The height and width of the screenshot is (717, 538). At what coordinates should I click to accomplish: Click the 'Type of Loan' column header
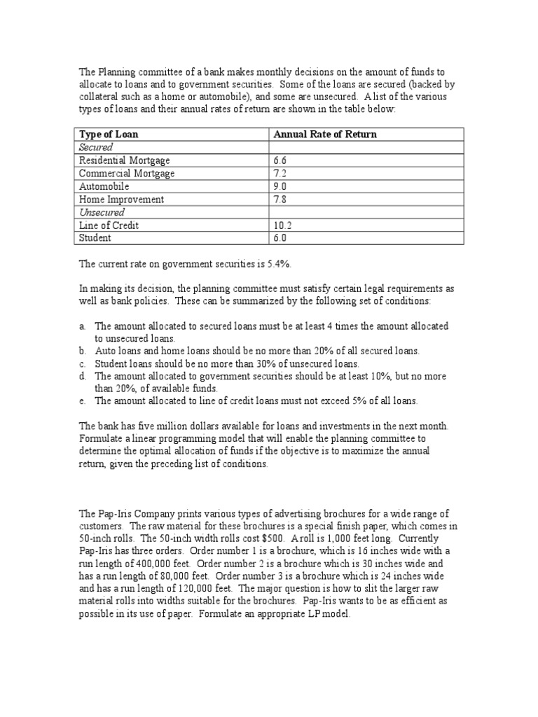[x=108, y=134]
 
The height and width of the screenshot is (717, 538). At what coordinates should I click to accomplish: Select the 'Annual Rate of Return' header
[x=324, y=134]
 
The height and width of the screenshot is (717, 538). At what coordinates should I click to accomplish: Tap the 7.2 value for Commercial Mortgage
[x=280, y=173]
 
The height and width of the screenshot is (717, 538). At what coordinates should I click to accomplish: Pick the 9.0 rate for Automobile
[x=280, y=186]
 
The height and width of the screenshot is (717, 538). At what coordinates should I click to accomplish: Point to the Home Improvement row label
[x=121, y=200]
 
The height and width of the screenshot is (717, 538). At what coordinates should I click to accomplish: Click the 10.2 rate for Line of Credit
[x=282, y=225]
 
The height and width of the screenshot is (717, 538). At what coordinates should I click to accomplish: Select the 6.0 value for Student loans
[x=280, y=238]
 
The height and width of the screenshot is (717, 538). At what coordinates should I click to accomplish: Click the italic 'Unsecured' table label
[x=102, y=212]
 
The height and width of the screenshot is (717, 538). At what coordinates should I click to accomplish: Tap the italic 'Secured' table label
[x=96, y=147]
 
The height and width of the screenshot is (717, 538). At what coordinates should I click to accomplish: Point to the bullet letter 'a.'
[x=83, y=326]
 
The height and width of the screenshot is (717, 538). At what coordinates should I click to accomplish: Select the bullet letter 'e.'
[x=83, y=401]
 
